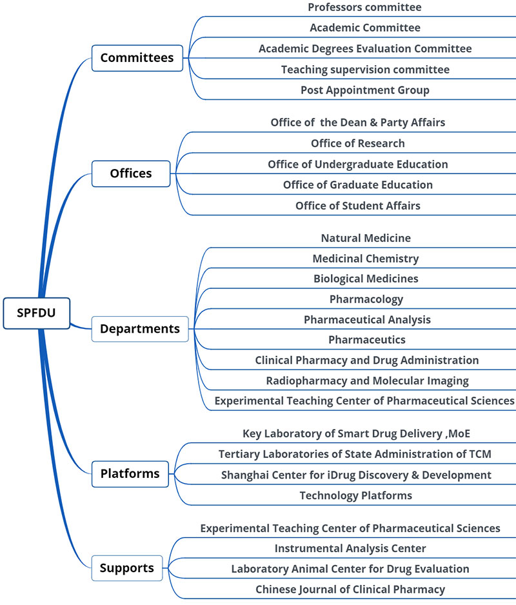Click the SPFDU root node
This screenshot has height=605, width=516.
(x=36, y=313)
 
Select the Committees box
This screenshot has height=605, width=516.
(x=137, y=58)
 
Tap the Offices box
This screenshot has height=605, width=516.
(x=131, y=174)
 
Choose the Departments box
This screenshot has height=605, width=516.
(x=140, y=329)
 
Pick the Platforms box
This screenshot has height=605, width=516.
(x=130, y=474)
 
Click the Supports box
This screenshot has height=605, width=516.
(x=126, y=568)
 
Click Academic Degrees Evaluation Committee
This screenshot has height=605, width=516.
(x=365, y=49)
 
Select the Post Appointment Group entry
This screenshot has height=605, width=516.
(x=364, y=90)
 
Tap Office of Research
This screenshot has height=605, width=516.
(x=358, y=143)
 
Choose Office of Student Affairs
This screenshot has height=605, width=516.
(x=358, y=206)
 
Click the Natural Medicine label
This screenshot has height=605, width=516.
(x=366, y=238)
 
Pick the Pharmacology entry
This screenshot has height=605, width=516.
(x=366, y=299)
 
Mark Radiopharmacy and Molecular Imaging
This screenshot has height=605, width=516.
(x=367, y=381)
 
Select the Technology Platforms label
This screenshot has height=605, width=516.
(x=355, y=495)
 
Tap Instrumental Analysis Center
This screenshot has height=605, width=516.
(x=350, y=548)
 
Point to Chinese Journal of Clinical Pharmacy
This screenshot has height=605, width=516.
(x=350, y=589)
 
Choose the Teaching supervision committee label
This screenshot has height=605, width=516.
(x=365, y=70)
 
